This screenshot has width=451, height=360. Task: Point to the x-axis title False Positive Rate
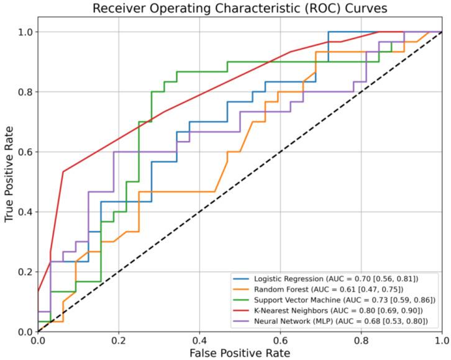click(x=240, y=353)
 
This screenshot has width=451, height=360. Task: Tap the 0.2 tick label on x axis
click(x=119, y=340)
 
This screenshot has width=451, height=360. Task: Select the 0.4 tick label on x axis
click(x=199, y=340)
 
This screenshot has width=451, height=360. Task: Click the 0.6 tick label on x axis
click(x=280, y=340)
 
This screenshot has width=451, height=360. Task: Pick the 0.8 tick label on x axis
click(x=361, y=340)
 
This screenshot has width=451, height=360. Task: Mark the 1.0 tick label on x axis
click(x=442, y=340)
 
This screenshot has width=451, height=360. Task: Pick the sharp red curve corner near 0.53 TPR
click(x=63, y=171)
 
